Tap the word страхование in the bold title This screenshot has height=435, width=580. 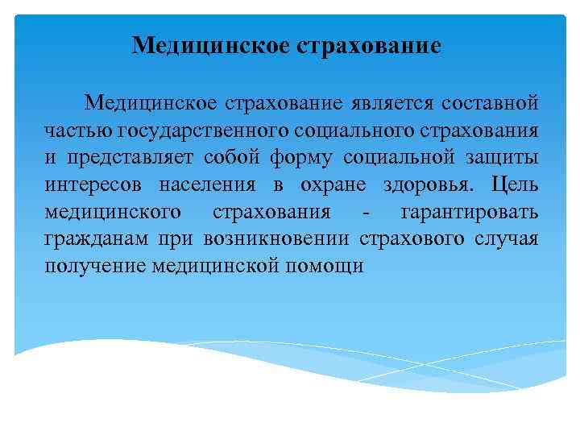coord(370,44)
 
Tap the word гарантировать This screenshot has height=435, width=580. coord(470,213)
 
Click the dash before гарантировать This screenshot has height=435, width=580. coord(367,213)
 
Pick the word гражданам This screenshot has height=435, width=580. coord(96,240)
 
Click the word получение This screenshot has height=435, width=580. coord(95,267)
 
